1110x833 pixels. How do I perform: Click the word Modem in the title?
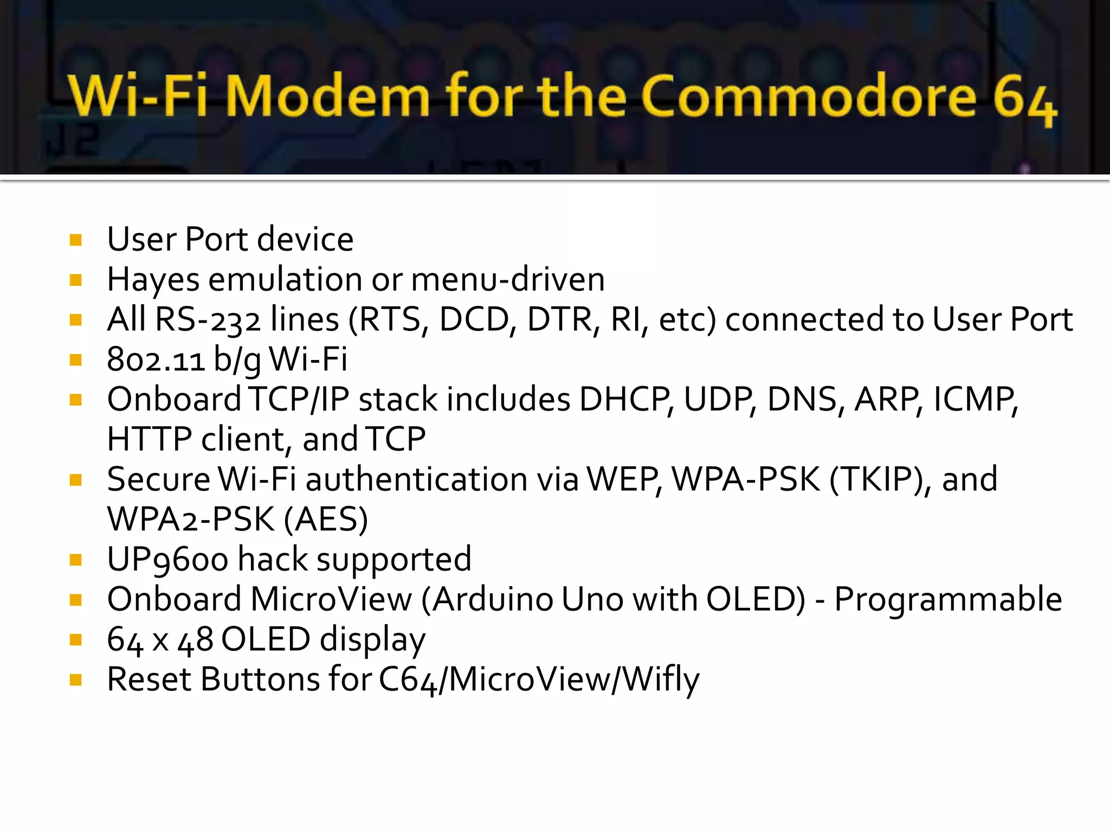[327, 97]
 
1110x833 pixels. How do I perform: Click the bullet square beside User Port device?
[76, 240]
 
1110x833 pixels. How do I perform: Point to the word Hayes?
[153, 280]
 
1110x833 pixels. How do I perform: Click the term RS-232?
[208, 319]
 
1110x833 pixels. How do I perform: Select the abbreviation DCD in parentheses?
[474, 319]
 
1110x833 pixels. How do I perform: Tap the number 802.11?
[156, 360]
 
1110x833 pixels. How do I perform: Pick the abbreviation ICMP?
[975, 400]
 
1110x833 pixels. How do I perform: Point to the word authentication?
[416, 479]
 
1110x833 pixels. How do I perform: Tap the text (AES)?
[326, 520]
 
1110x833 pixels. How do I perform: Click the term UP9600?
[167, 560]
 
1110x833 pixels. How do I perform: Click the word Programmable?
[948, 599]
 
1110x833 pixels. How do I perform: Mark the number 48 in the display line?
[195, 640]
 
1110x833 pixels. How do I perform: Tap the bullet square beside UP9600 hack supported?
[76, 560]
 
